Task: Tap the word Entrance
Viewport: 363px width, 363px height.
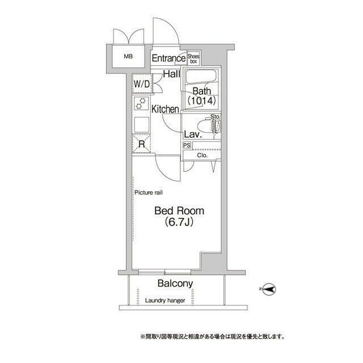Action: tap(168, 58)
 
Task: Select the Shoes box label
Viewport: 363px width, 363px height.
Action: tap(193, 58)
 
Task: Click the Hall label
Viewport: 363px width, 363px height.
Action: tap(172, 74)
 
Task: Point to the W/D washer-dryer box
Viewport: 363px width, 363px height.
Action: tap(141, 84)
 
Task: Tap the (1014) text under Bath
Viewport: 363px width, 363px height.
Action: tap(202, 102)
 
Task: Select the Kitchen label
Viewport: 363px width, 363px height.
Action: tap(165, 109)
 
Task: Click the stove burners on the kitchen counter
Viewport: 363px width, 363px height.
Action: tap(141, 103)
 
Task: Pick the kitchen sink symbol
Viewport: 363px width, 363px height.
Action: tap(141, 124)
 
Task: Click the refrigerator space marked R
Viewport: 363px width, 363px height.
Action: tap(141, 144)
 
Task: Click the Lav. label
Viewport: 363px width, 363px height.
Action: tap(191, 135)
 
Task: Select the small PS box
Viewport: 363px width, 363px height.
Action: tap(187, 146)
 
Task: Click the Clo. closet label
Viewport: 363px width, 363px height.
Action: tap(202, 155)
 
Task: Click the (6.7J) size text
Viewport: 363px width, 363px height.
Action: tap(179, 222)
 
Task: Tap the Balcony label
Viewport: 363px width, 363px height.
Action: tap(175, 284)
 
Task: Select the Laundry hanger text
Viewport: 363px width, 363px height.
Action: tap(164, 301)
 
